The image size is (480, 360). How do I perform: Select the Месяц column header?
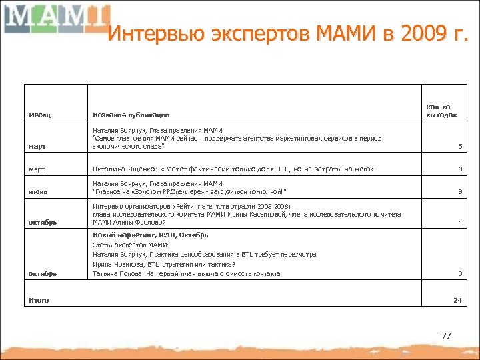coord(39,115)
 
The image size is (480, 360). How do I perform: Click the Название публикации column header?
coord(131,115)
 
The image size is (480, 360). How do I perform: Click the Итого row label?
coord(39,300)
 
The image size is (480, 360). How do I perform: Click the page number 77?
coord(446,336)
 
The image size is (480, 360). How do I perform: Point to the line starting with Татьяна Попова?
coord(187,273)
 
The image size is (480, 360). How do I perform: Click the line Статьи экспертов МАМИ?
coord(131,245)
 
